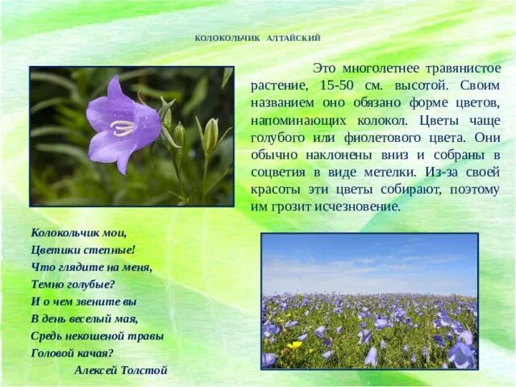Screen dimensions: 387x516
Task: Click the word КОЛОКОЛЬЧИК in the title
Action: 225,38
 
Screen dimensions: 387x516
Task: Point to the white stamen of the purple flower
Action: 122,127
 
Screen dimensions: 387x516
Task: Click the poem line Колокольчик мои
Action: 79,232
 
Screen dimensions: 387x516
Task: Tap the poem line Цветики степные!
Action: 83,249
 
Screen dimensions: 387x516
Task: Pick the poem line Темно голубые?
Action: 73,284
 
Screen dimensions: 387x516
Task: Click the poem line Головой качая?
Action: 72,352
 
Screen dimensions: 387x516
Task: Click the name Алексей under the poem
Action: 94,370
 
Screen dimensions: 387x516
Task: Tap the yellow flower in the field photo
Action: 294,344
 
